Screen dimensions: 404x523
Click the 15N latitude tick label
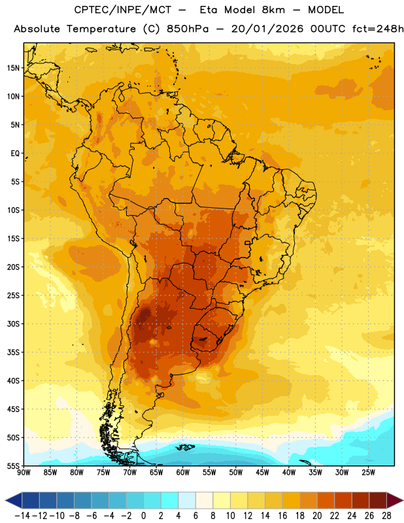(13, 68)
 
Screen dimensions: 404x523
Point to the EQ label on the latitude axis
(15, 154)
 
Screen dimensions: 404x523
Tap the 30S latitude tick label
(13, 324)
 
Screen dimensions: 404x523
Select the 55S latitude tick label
(13, 466)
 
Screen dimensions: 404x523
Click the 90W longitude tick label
(24, 473)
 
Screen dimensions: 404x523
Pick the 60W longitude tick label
(183, 473)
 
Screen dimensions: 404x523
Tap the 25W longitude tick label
(368, 473)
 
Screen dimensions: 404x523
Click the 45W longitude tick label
(262, 473)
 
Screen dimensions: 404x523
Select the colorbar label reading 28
(386, 516)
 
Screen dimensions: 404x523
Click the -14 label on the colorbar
(22, 516)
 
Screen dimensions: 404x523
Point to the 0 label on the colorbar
(143, 516)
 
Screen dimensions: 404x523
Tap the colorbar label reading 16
(282, 516)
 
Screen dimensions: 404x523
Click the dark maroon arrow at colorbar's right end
(394, 500)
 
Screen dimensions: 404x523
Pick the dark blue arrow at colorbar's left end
(14, 500)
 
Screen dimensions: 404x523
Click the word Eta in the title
(208, 10)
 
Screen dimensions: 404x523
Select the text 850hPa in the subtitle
(188, 29)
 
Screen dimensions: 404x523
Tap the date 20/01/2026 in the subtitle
(267, 29)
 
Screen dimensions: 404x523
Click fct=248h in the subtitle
(378, 29)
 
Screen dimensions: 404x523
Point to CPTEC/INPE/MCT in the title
(122, 10)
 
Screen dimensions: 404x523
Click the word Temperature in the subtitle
(101, 29)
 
